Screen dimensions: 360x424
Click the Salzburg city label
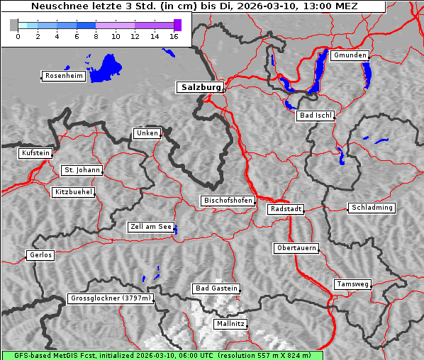click(x=199, y=87)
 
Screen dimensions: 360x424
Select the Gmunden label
click(x=350, y=55)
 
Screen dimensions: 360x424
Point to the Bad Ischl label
click(x=315, y=116)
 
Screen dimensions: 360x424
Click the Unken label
click(x=147, y=133)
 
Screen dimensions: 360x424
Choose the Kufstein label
click(x=35, y=153)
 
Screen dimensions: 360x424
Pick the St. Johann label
click(x=82, y=170)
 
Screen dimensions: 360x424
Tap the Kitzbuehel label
click(x=73, y=192)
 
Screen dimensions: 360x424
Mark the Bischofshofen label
click(x=228, y=201)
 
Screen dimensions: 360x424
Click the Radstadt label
click(x=286, y=209)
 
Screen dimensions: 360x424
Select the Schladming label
click(x=371, y=208)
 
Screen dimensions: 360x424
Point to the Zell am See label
click(x=151, y=227)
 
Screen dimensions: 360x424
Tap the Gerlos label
click(x=40, y=255)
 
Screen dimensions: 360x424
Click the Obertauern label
click(x=296, y=248)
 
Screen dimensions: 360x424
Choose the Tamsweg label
click(x=352, y=284)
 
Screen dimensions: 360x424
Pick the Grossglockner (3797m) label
click(x=111, y=298)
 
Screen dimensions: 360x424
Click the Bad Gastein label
click(x=216, y=288)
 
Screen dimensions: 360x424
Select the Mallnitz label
click(x=230, y=324)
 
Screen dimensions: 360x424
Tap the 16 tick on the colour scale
click(x=173, y=36)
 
